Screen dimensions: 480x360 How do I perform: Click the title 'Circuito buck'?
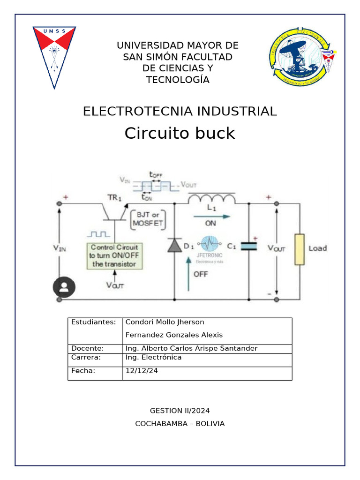(180, 134)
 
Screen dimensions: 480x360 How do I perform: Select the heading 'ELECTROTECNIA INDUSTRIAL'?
(180, 112)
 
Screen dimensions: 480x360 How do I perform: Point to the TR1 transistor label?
(114, 198)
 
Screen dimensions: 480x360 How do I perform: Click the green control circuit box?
(116, 255)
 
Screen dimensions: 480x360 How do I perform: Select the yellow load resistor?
(300, 248)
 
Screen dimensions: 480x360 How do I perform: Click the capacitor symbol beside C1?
(248, 246)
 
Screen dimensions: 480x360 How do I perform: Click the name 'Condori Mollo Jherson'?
(165, 322)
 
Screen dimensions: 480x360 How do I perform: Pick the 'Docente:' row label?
(87, 348)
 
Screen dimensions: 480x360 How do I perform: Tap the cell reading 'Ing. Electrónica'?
(153, 358)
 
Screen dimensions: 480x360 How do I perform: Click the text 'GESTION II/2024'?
(180, 411)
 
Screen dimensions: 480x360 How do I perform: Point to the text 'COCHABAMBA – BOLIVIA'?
(180, 424)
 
